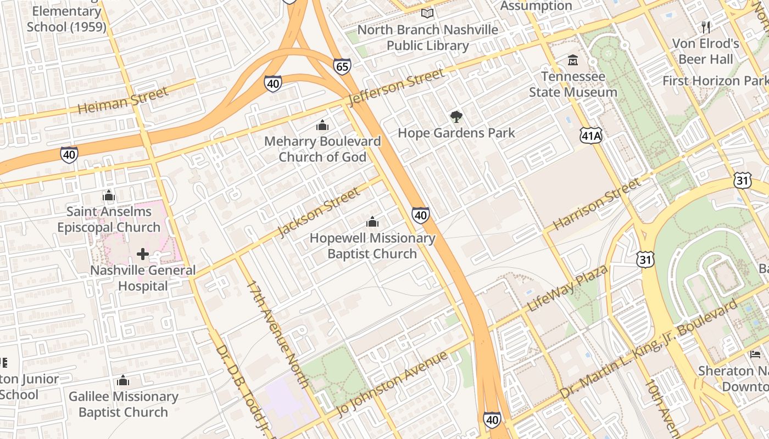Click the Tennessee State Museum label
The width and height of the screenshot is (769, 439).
point(573,84)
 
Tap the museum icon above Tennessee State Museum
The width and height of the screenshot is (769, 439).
point(573,60)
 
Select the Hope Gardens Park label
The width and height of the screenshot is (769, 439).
point(456,133)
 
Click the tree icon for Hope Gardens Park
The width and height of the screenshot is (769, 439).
point(456,116)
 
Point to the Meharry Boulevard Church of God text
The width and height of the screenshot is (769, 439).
point(322,149)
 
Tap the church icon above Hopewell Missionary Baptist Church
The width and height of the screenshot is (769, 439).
point(372,222)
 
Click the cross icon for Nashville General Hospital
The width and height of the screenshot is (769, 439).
point(143,254)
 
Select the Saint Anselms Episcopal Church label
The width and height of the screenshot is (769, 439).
point(109,219)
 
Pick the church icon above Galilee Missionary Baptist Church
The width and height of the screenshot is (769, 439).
point(123,380)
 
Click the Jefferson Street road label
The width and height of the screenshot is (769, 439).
point(395,87)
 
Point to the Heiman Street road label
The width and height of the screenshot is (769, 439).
point(122,100)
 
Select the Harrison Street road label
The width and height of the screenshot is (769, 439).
point(597,204)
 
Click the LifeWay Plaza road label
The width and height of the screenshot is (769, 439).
point(567,288)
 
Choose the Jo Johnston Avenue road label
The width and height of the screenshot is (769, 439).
point(393,384)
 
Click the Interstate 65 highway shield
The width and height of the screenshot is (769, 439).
point(342,67)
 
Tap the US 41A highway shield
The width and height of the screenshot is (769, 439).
point(590,136)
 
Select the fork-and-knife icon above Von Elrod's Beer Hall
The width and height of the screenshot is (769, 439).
point(706,27)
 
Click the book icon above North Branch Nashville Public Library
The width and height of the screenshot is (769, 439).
point(427,13)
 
